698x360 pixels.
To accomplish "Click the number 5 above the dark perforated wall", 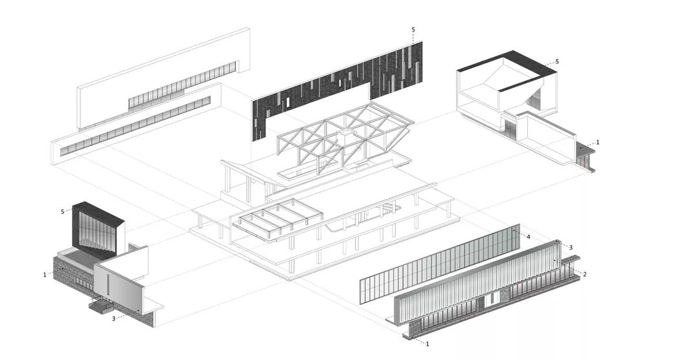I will click(x=413, y=30).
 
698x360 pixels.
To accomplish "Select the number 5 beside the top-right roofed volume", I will click(x=556, y=62).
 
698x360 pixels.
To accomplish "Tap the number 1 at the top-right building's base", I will click(x=598, y=142).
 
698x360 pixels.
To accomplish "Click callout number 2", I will click(x=584, y=275).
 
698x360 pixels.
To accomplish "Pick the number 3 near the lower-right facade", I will click(x=570, y=248).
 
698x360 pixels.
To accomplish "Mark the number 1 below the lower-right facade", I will click(x=427, y=344).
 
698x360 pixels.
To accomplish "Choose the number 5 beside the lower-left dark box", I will click(x=63, y=211).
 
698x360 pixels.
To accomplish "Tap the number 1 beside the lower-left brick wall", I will click(x=45, y=275).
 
